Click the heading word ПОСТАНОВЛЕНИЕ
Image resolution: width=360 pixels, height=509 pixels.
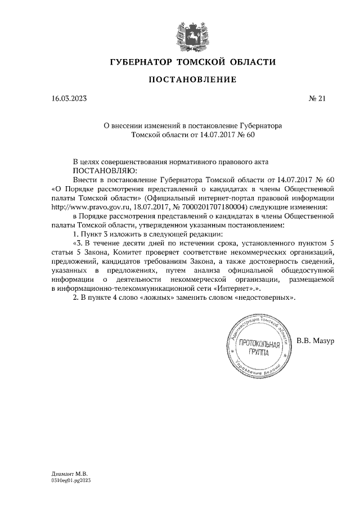[x=192, y=80]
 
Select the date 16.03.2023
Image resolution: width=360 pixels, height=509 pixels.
[x=69, y=100]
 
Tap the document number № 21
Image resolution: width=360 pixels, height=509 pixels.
[x=318, y=100]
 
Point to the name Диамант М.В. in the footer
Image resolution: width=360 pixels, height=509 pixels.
[x=66, y=474]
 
